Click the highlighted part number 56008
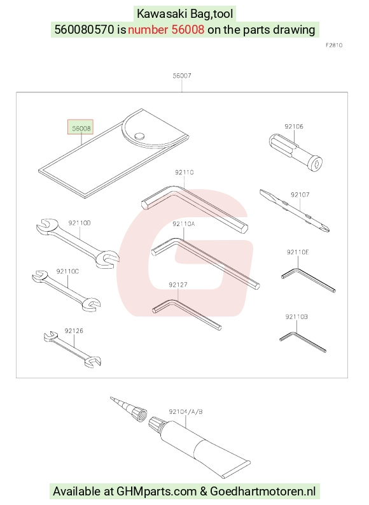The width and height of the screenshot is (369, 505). click(80, 128)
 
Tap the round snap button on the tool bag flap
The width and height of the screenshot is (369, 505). click(139, 136)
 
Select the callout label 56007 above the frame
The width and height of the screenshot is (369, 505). click(182, 76)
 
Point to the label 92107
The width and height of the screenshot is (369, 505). click(300, 194)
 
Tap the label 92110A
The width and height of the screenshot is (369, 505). click(183, 224)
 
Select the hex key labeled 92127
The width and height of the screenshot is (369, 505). click(186, 315)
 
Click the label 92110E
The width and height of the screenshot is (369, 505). click(298, 252)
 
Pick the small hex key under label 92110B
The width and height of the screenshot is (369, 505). click(302, 342)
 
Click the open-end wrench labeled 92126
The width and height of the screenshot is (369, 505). click(73, 350)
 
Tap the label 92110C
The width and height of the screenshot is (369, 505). click(67, 271)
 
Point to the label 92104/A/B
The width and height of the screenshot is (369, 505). click(186, 411)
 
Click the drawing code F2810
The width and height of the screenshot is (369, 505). click(334, 45)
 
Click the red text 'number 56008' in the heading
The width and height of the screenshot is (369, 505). click(166, 30)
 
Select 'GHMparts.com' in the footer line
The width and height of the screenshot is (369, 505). click(157, 492)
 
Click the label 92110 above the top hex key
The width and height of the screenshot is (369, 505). click(184, 173)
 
